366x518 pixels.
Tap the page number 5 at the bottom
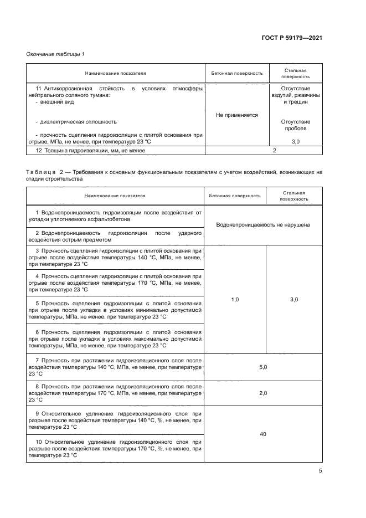(x=321, y=471)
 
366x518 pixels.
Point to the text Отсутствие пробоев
(x=295, y=125)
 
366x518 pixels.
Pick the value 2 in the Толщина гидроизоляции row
(x=274, y=150)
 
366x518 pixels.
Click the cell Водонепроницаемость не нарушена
(x=263, y=224)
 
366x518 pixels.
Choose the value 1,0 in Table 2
(x=234, y=299)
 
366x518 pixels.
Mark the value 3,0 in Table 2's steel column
(x=294, y=299)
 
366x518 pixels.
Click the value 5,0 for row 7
(x=263, y=367)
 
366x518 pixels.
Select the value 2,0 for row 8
(x=263, y=393)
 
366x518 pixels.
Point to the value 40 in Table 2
(x=263, y=434)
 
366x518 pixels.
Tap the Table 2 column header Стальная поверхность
(x=294, y=196)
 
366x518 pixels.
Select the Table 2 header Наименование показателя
(x=115, y=196)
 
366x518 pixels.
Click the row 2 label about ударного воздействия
(x=115, y=237)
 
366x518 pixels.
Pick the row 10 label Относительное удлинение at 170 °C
(x=115, y=448)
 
